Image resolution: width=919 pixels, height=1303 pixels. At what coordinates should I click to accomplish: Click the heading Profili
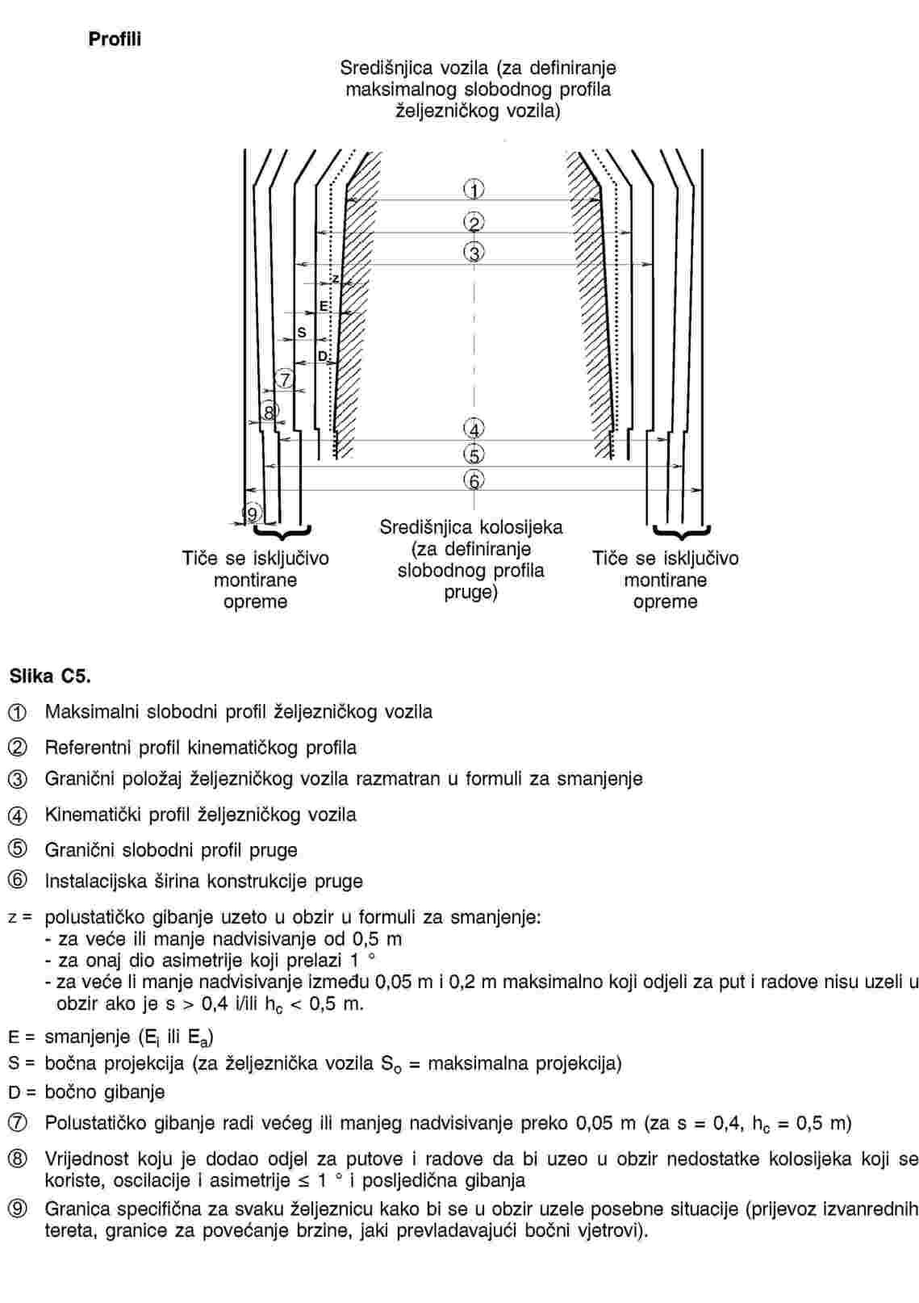pos(115,40)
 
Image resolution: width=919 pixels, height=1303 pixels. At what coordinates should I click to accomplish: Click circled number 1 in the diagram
pos(474,191)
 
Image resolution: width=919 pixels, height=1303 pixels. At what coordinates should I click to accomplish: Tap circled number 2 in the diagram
pos(474,223)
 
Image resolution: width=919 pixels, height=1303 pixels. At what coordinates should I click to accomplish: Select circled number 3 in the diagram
pos(474,253)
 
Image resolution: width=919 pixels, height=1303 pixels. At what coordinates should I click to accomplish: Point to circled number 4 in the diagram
pos(474,429)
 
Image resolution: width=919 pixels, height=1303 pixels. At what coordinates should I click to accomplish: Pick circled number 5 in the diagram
pos(474,455)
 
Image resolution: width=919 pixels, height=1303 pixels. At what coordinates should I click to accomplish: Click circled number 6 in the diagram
pos(474,480)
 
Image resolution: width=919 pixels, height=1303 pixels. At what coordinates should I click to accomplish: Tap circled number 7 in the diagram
pos(284,379)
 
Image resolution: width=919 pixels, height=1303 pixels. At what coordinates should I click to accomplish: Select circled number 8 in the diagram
pos(269,412)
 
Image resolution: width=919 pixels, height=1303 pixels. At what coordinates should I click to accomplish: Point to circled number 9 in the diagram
pos(253,513)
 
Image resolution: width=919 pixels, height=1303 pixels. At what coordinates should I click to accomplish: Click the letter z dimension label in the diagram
pos(336,279)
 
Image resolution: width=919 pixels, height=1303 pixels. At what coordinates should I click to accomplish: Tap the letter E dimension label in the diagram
pos(324,306)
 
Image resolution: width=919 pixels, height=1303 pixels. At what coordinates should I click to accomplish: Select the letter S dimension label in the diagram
pos(302,332)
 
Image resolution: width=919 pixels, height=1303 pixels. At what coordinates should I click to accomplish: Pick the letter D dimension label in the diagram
pos(323,356)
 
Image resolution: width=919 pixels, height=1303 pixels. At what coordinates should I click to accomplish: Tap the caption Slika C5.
pos(50,676)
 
